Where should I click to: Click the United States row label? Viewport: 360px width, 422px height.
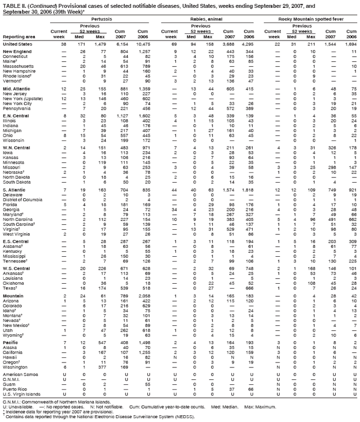point(17,43)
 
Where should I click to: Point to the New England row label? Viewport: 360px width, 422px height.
point(16,52)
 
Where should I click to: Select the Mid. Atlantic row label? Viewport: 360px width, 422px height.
point(16,89)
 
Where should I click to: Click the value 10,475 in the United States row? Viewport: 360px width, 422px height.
point(142,43)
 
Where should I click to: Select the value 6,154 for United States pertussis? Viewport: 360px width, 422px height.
point(121,43)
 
